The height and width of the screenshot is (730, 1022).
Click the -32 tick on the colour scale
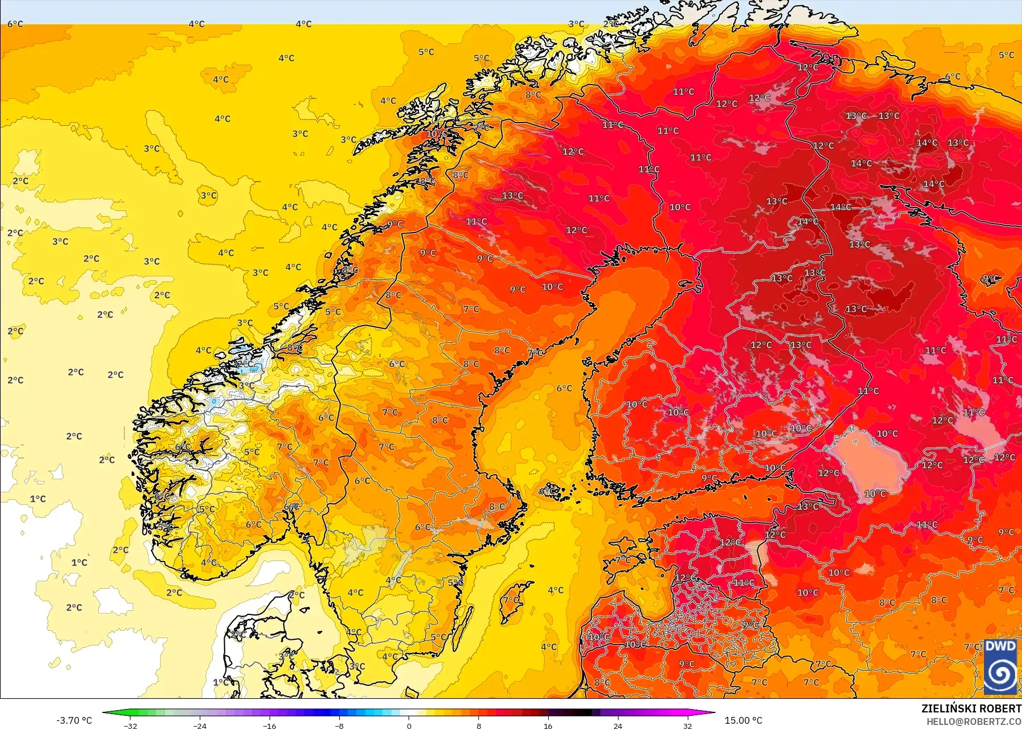[x=131, y=725]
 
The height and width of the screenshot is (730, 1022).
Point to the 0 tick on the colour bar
[x=409, y=725]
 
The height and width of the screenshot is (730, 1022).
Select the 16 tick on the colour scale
[x=548, y=725]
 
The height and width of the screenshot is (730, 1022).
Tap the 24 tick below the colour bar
[x=617, y=725]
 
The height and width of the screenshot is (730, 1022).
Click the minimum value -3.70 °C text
[x=74, y=720]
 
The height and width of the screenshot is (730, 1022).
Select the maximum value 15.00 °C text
[x=743, y=720]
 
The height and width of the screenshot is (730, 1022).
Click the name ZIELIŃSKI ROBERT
[x=971, y=708]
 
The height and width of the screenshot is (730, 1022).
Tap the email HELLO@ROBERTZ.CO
[x=974, y=722]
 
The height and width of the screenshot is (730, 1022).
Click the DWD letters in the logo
[x=1000, y=646]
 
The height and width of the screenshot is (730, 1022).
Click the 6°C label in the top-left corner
[x=15, y=24]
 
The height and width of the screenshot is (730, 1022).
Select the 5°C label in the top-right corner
[x=1006, y=55]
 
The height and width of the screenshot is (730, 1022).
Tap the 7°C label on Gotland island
[x=511, y=600]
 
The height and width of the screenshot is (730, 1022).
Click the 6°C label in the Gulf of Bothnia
[x=564, y=389]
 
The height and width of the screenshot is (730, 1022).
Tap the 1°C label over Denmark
[x=221, y=682]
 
